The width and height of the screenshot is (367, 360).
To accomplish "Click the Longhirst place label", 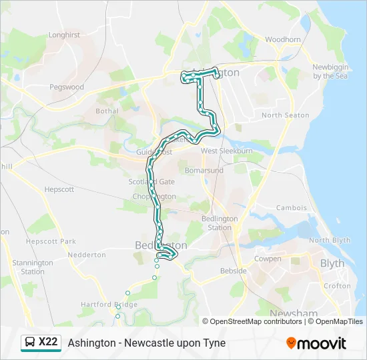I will click(64, 35).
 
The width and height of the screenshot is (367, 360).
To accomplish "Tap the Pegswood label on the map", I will click(67, 87).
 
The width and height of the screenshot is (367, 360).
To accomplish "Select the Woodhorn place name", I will click(283, 39).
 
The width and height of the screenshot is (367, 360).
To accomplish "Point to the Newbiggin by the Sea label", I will click(332, 71).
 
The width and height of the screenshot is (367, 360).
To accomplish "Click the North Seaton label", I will click(285, 115).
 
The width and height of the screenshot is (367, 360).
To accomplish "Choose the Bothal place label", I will click(107, 111).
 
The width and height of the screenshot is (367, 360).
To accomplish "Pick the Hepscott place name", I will click(59, 189).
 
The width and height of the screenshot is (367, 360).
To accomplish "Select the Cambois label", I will click(291, 208).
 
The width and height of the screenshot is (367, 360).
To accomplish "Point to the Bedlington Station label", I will click(220, 223).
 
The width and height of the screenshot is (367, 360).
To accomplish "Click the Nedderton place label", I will click(87, 255).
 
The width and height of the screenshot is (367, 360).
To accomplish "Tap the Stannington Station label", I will click(33, 267).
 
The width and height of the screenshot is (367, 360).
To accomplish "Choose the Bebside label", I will click(234, 271).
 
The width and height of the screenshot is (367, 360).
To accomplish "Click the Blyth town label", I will click(332, 263).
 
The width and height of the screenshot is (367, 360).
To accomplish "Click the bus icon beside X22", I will click(30, 343).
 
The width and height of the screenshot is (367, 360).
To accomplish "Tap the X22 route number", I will click(48, 343).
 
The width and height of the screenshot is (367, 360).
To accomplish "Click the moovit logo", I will click(316, 343).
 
